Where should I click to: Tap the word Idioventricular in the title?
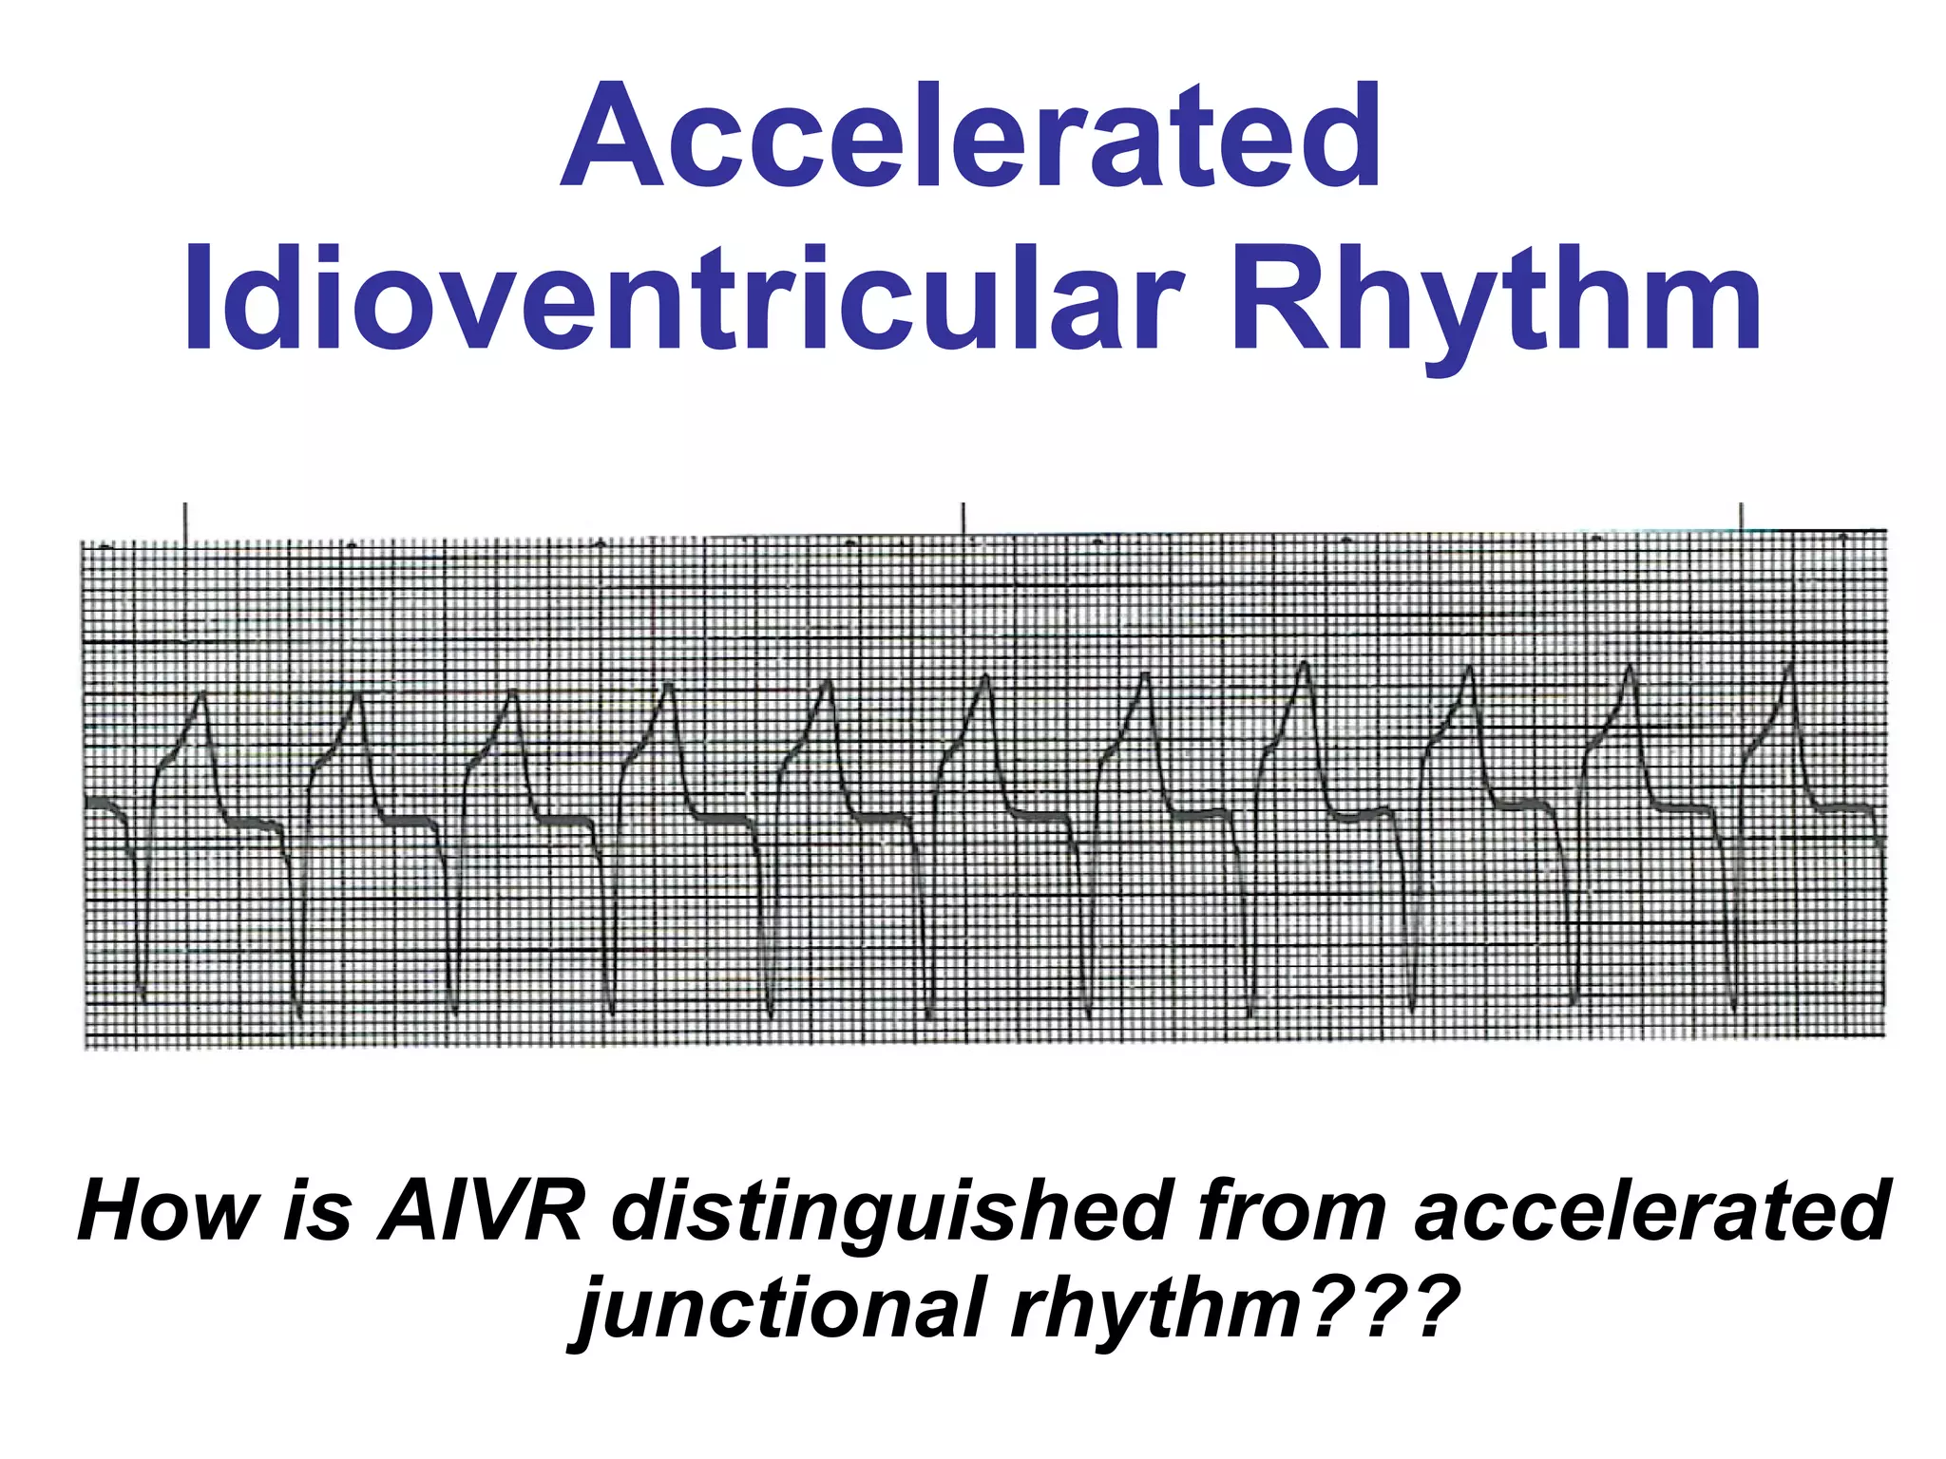[x=684, y=298]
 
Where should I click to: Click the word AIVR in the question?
[x=480, y=1211]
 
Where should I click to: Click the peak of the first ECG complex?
[x=202, y=696]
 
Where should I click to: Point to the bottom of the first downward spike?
[x=142, y=997]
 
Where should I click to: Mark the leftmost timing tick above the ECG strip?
[x=185, y=523]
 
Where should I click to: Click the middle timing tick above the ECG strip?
[x=963, y=523]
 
